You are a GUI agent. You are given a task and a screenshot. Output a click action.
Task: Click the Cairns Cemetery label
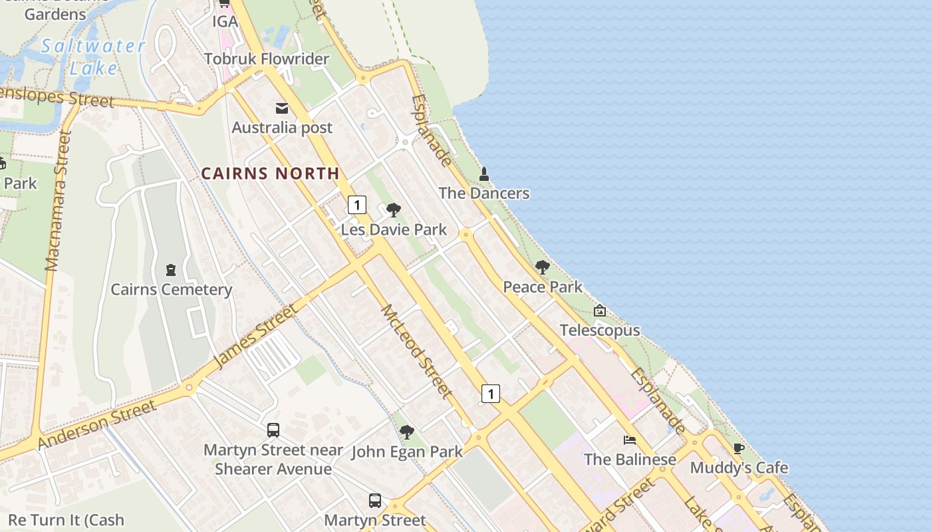[171, 290]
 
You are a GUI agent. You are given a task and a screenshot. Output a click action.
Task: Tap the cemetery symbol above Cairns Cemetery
[171, 270]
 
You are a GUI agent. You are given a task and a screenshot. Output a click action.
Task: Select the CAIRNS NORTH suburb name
[270, 174]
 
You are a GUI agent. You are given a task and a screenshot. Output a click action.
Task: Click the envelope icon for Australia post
[282, 108]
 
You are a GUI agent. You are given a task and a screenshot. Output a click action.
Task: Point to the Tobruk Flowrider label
[267, 59]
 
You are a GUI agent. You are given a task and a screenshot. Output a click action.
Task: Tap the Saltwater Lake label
[93, 57]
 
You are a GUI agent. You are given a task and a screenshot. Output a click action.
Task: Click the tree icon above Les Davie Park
[394, 211]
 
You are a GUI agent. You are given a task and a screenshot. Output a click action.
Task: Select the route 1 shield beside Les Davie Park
[357, 205]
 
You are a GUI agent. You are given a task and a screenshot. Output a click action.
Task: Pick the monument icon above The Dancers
[484, 175]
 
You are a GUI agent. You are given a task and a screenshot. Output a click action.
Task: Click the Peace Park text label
[543, 287]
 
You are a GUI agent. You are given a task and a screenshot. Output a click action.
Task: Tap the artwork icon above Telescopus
[600, 311]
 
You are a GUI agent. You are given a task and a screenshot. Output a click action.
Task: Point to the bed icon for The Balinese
[629, 440]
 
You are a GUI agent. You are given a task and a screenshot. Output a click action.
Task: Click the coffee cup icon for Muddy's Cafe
[738, 449]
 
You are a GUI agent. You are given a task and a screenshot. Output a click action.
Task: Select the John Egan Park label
[407, 452]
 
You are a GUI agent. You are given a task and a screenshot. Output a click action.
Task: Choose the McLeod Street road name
[416, 351]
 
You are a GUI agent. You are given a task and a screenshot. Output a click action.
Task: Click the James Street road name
[255, 336]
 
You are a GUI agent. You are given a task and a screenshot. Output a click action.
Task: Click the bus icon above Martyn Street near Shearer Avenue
[273, 430]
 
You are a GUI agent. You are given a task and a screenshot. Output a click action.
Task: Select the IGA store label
[225, 21]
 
